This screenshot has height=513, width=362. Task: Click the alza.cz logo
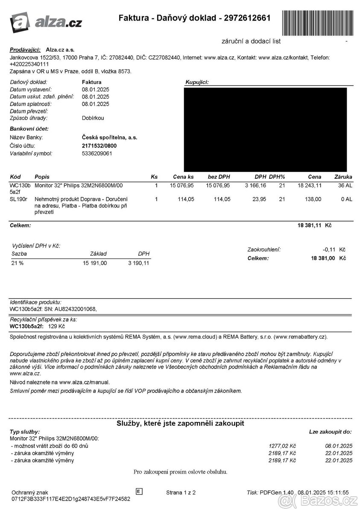(46, 21)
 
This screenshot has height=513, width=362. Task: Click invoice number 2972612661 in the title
(247, 18)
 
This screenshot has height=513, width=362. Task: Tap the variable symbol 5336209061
(97, 153)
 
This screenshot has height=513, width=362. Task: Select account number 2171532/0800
(99, 146)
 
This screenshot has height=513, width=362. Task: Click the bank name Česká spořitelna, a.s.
(109, 138)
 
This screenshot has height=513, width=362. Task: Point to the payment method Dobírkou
(93, 118)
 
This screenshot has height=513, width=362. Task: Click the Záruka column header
(343, 177)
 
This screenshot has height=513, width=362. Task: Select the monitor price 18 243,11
(309, 186)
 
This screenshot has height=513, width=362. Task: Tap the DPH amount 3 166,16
(255, 186)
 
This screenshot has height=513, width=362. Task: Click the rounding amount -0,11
(330, 250)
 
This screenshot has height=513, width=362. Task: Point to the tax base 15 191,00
(95, 263)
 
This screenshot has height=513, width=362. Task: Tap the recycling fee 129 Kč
(56, 327)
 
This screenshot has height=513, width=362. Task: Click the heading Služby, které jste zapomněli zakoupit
(181, 423)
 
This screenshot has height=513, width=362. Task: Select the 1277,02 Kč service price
(283, 446)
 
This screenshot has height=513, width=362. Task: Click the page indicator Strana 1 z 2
(181, 492)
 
